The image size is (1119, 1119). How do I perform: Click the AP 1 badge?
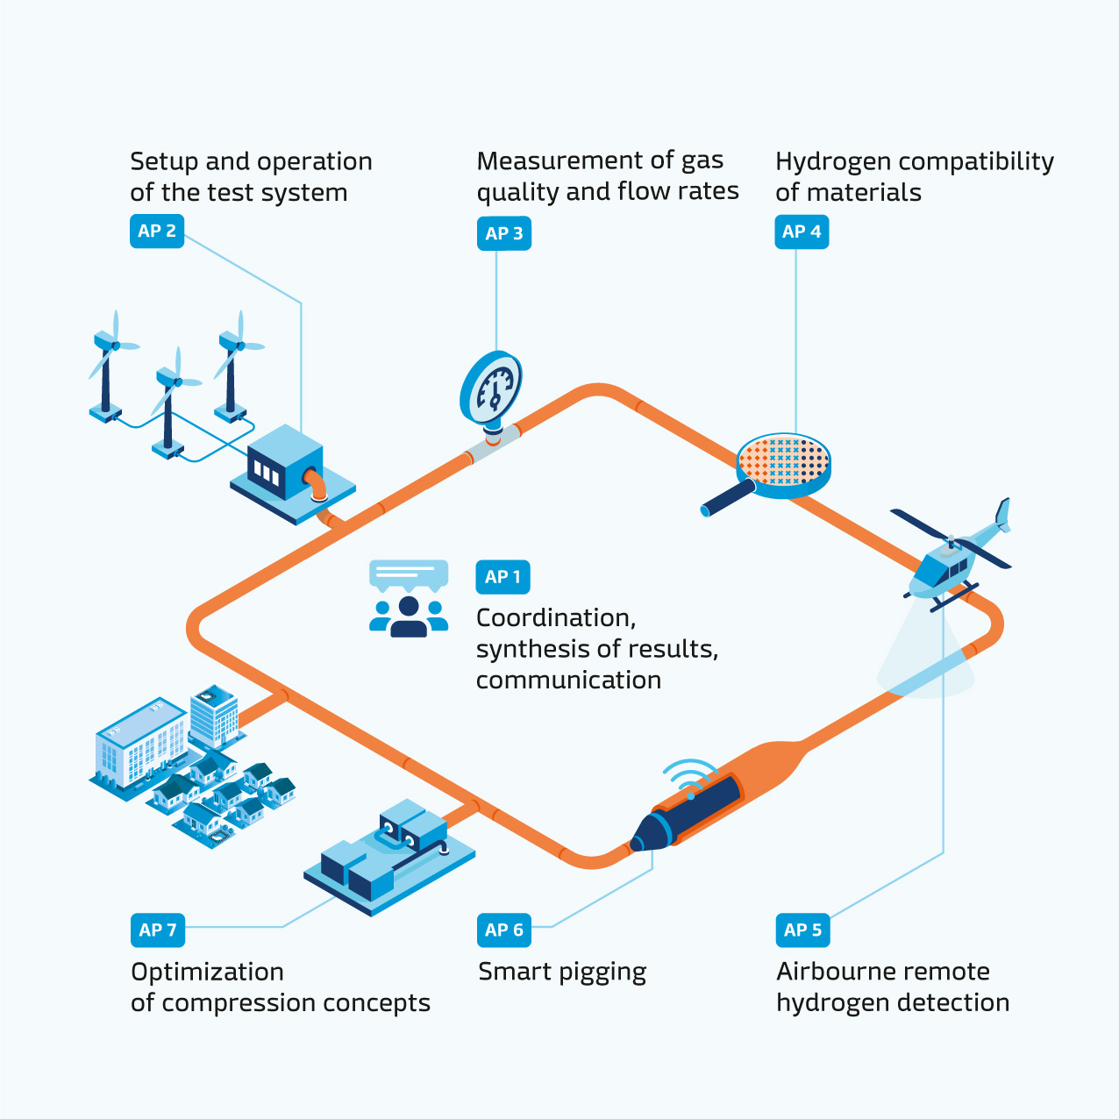pos(502,577)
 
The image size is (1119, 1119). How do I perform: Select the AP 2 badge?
pos(157,232)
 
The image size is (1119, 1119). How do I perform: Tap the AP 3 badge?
pos(503,233)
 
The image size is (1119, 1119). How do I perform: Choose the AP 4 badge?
pos(802,232)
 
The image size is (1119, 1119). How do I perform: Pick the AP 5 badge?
pos(802,930)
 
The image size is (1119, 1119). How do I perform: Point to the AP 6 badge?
pos(503,930)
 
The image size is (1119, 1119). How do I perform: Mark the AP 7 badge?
pos(157,930)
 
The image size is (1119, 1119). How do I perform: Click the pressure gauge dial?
pos(493,388)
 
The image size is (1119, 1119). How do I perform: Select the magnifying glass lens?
pos(783,460)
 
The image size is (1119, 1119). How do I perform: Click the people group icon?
pos(409,616)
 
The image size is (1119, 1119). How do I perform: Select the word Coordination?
pos(555,618)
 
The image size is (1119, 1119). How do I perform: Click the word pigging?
pos(602,973)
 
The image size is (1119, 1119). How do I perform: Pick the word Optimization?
pos(207,972)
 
